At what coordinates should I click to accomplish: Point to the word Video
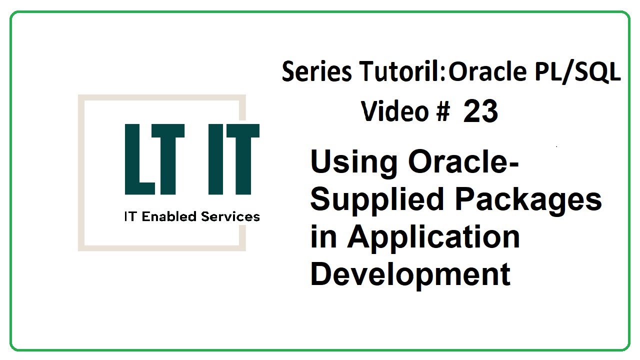(395, 111)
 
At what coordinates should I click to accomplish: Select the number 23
(480, 112)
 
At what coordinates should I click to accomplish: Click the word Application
(433, 237)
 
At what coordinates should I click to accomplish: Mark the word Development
(410, 273)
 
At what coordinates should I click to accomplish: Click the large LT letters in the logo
(155, 159)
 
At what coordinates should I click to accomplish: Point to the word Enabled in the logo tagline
(170, 216)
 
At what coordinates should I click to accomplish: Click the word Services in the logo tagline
(230, 216)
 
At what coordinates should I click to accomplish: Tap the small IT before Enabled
(130, 216)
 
